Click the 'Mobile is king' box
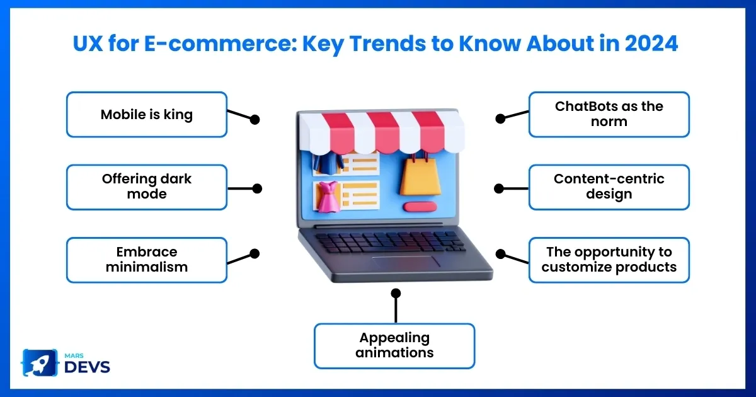[146, 115]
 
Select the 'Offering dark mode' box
[146, 187]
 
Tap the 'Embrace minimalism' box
[146, 260]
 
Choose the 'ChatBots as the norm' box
[609, 115]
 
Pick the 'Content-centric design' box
[609, 187]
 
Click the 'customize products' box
[609, 260]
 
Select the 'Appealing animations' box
[394, 346]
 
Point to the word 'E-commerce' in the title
[221, 43]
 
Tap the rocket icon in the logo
[40, 363]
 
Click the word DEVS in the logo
[87, 367]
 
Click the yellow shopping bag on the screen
[420, 175]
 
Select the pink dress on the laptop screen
[327, 197]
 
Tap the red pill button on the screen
[420, 207]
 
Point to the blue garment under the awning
[328, 164]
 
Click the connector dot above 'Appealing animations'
[396, 293]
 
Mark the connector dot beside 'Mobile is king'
[255, 120]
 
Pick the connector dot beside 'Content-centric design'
[499, 188]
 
